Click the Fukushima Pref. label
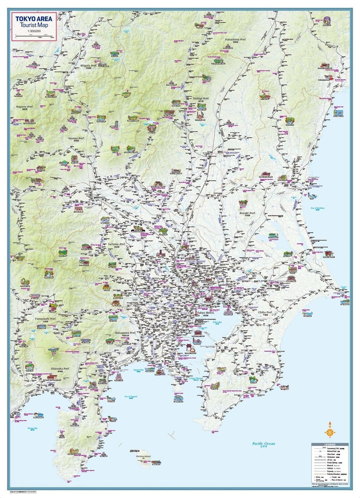(x=236, y=39)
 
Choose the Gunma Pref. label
(x=76, y=138)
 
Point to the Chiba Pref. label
(x=265, y=312)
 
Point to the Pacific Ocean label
(x=263, y=443)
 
